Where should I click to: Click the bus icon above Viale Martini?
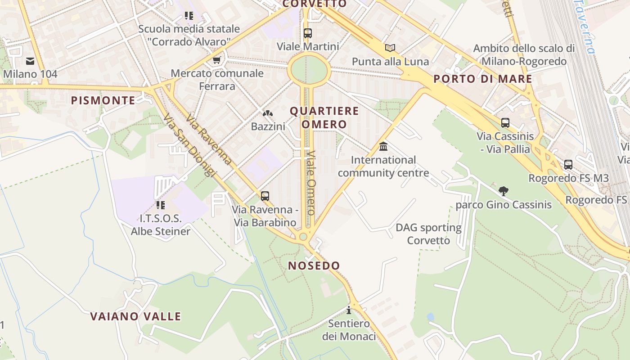(x=308, y=33)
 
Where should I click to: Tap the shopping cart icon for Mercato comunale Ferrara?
(x=217, y=60)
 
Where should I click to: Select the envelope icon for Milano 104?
(x=30, y=61)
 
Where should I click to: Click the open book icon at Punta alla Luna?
(x=390, y=48)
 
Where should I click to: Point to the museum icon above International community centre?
(x=383, y=146)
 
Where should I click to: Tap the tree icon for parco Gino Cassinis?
(x=504, y=191)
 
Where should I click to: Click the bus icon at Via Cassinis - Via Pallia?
(x=505, y=122)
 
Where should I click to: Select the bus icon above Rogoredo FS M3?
(x=568, y=165)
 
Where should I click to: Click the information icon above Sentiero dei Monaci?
(x=349, y=310)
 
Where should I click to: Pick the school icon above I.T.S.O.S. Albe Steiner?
(x=160, y=205)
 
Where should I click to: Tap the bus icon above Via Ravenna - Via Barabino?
(x=265, y=196)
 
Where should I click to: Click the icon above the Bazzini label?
(x=268, y=113)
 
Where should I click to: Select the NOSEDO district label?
(x=314, y=265)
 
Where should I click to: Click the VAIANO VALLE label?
(x=135, y=316)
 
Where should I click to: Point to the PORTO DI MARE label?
(x=483, y=79)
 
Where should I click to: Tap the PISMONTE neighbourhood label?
(x=103, y=100)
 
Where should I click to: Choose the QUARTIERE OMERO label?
(x=324, y=117)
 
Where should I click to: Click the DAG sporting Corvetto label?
(x=428, y=234)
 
